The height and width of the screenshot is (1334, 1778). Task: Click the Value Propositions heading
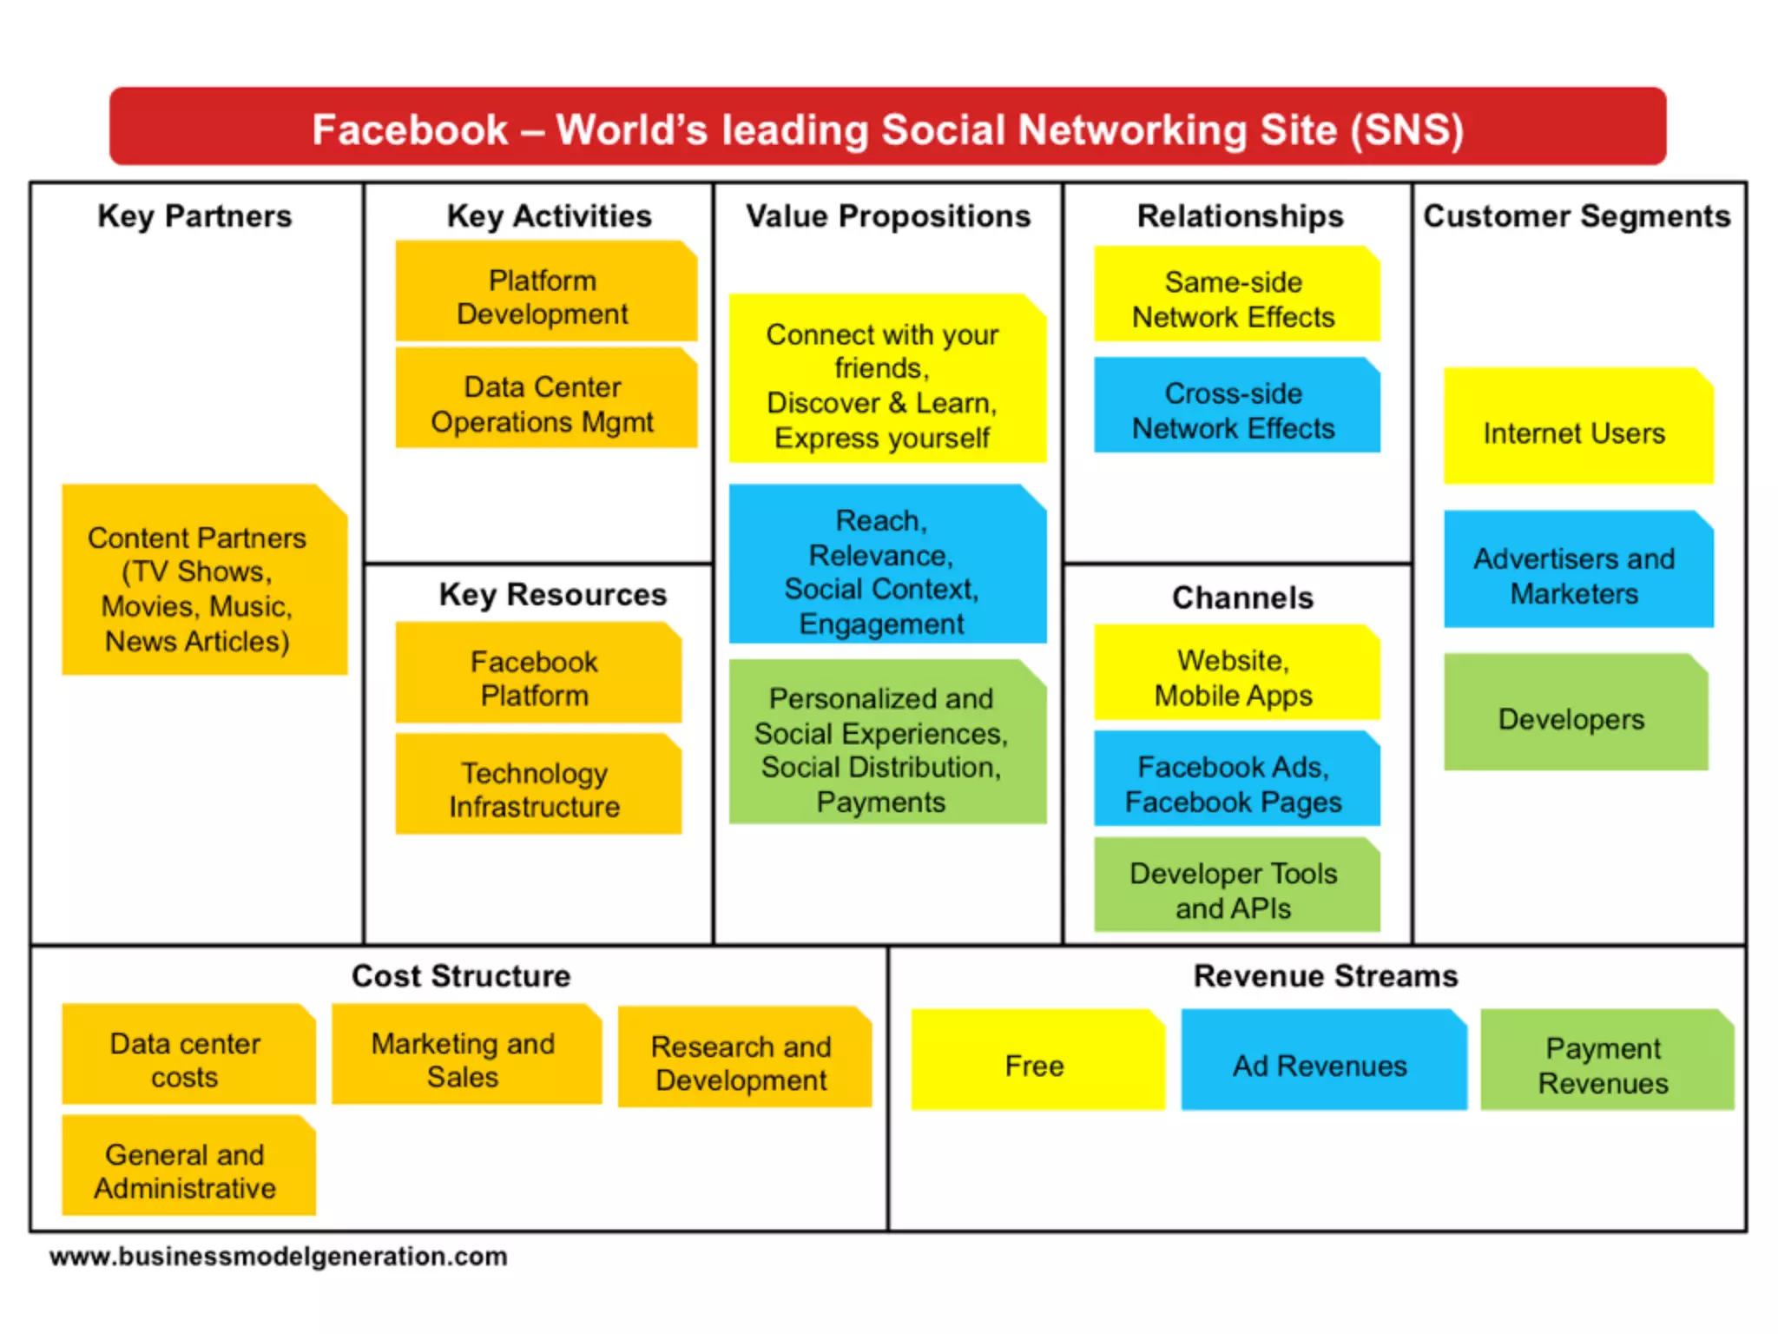point(888,216)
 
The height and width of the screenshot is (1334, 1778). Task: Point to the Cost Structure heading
point(461,976)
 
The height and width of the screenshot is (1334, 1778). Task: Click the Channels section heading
point(1242,598)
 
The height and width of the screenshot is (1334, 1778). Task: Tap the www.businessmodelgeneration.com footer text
point(279,1257)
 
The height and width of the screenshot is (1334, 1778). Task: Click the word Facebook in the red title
point(410,130)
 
